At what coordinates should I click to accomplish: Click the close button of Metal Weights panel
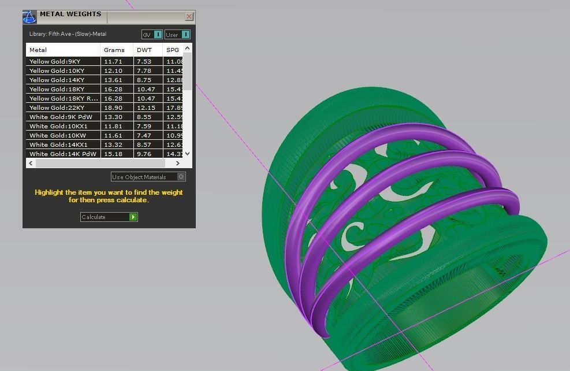pyautogui.click(x=189, y=17)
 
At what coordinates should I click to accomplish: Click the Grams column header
pyautogui.click(x=114, y=50)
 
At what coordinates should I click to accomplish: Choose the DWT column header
pyautogui.click(x=144, y=50)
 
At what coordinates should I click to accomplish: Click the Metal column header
pyautogui.click(x=38, y=50)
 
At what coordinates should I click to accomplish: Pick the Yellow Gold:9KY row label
pyautogui.click(x=55, y=61)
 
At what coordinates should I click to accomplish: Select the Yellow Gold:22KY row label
pyautogui.click(x=57, y=107)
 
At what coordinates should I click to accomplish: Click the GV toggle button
pyautogui.click(x=152, y=35)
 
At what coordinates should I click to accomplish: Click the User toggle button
pyautogui.click(x=177, y=35)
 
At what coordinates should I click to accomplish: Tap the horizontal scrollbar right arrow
pyautogui.click(x=177, y=164)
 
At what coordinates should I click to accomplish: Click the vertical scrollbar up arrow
pyautogui.click(x=187, y=49)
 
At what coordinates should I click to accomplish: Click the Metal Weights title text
pyautogui.click(x=70, y=14)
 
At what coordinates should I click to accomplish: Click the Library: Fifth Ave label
pyautogui.click(x=68, y=34)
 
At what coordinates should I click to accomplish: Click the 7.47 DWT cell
pyautogui.click(x=144, y=135)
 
